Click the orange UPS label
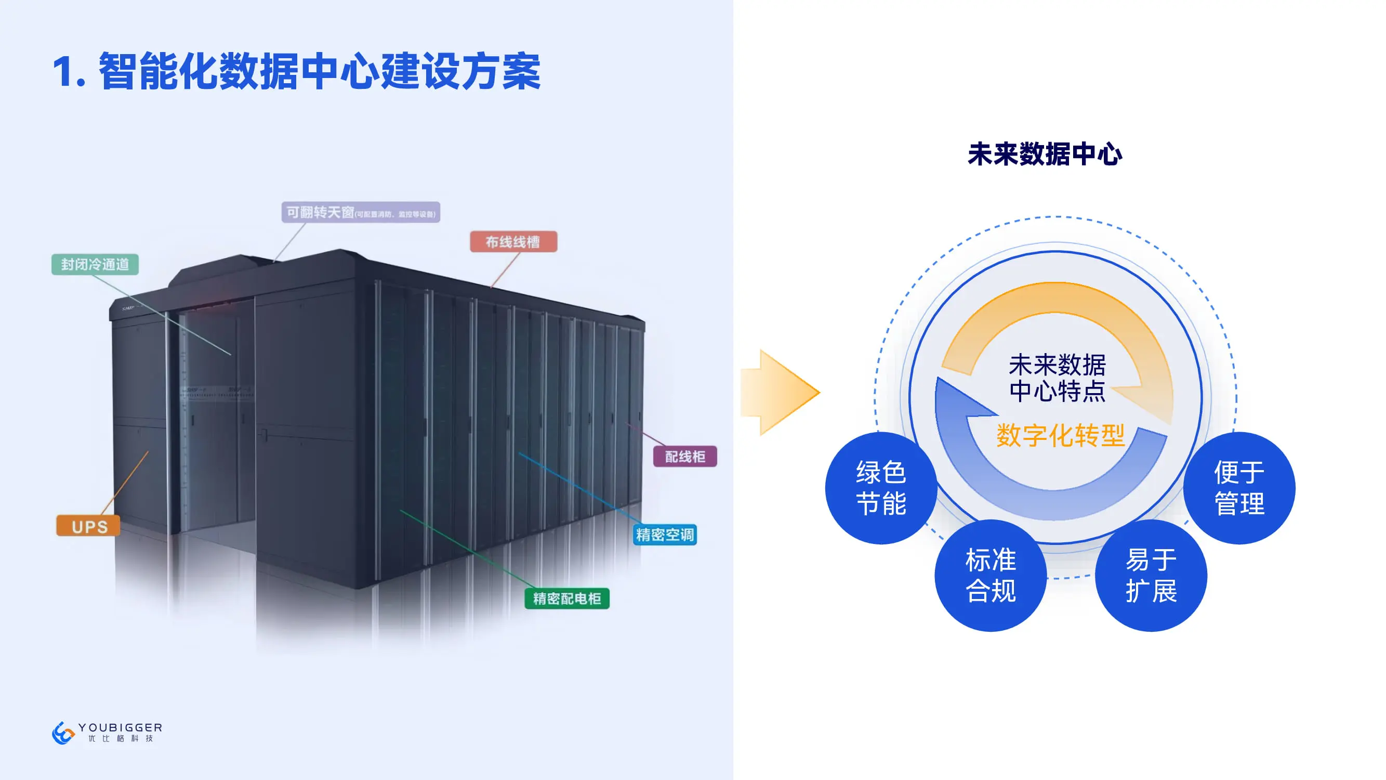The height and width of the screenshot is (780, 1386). pos(89,526)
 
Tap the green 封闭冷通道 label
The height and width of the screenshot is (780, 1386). pos(95,264)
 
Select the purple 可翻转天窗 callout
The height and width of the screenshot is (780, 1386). pos(361,212)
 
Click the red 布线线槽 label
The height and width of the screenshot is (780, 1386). pos(513,242)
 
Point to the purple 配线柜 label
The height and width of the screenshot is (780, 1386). pos(684,457)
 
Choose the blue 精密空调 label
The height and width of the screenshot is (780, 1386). pos(665,535)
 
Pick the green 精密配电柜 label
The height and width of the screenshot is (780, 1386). pos(566,598)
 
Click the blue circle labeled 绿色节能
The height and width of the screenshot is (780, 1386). pos(881,488)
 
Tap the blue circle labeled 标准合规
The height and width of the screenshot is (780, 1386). pos(991,575)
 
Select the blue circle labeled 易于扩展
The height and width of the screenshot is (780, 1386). pos(1151,575)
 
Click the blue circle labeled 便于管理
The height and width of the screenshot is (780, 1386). pos(1239,488)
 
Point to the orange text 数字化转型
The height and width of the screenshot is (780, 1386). pos(1060,435)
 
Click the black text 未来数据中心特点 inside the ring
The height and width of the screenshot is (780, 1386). pos(1057,378)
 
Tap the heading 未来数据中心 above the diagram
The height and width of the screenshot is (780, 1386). pos(1045,154)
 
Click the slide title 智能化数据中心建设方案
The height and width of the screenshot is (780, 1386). pos(320,72)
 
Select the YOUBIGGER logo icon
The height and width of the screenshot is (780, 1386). pos(63,733)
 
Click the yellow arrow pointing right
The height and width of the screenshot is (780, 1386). pos(780,393)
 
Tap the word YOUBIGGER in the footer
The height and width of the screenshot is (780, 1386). pos(120,727)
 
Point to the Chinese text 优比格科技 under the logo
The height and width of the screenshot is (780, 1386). pos(121,738)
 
